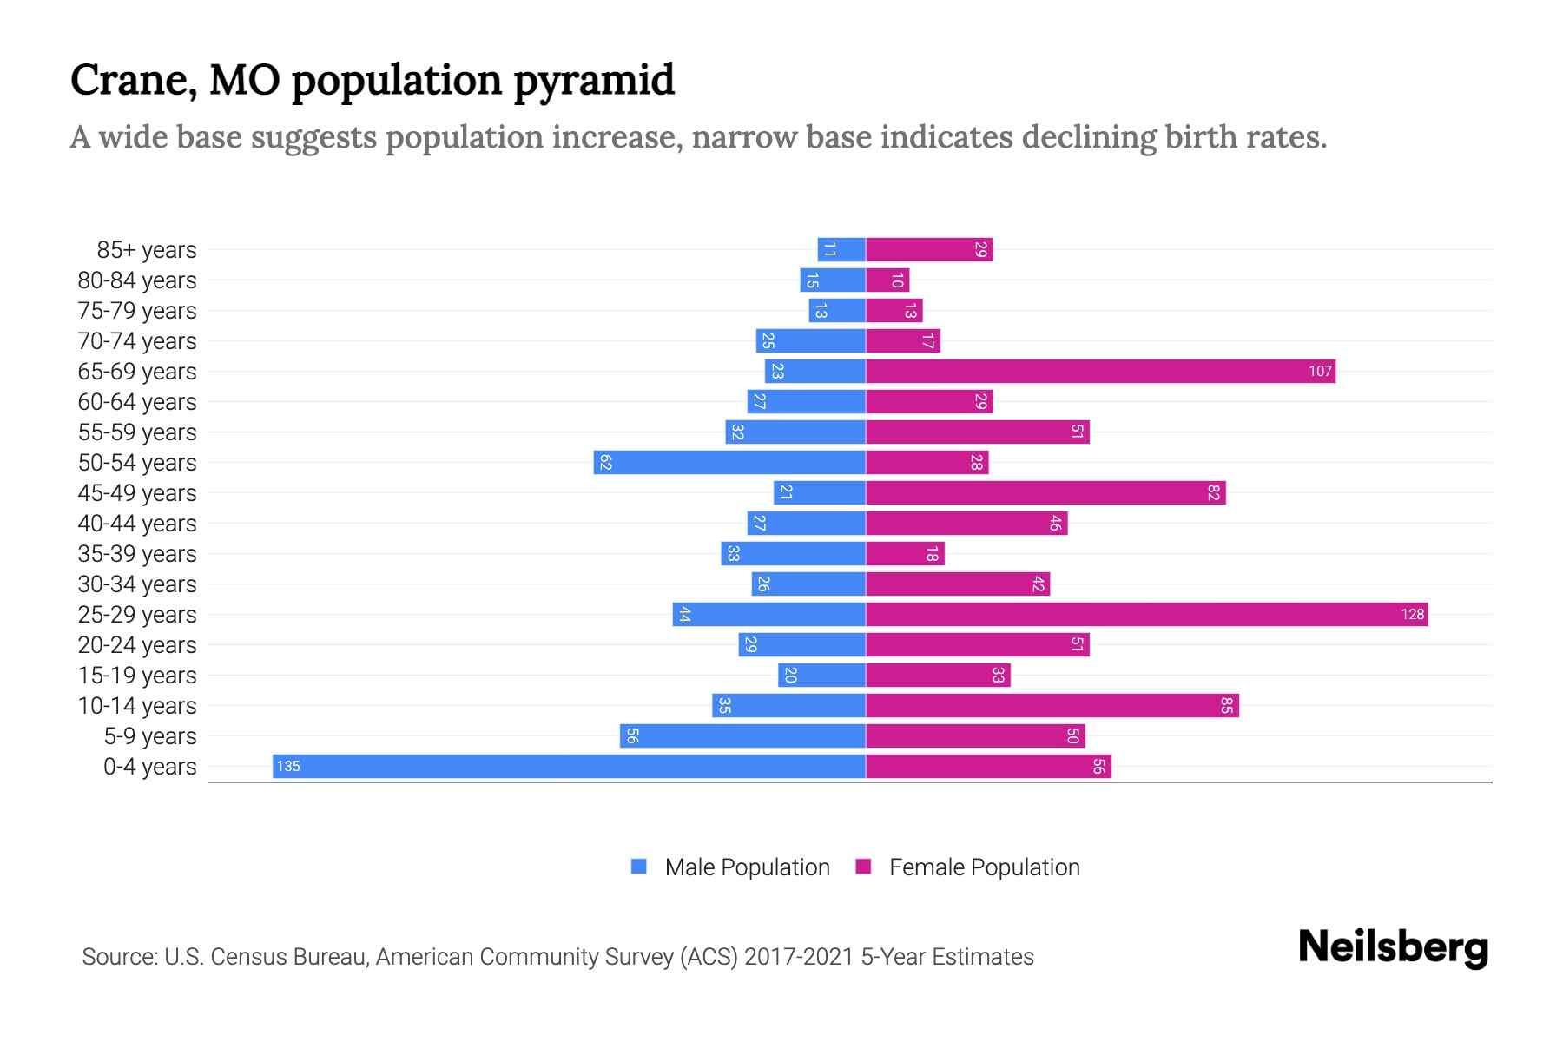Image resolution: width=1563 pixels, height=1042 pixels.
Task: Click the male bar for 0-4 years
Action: (x=569, y=766)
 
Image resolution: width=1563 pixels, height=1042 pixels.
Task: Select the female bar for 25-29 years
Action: (x=1146, y=614)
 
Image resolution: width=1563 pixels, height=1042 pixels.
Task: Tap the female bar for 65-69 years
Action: (x=1100, y=371)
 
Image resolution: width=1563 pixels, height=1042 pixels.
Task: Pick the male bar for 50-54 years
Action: (x=729, y=462)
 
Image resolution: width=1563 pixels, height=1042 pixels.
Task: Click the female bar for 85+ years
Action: (x=929, y=249)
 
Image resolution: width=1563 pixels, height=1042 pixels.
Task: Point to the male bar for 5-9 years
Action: (x=742, y=735)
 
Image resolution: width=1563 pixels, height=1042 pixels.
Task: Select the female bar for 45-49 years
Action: (x=1045, y=492)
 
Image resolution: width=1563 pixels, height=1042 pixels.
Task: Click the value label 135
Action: (x=288, y=766)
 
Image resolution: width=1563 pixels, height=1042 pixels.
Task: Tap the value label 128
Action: (x=1412, y=614)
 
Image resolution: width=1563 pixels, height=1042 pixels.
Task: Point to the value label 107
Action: (x=1320, y=371)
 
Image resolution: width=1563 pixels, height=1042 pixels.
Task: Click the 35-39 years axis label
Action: (x=137, y=553)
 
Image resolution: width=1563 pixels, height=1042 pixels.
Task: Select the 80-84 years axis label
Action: (x=137, y=280)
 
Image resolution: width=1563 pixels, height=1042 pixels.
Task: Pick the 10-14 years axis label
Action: (x=137, y=705)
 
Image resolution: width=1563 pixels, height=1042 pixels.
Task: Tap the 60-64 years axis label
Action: (x=137, y=401)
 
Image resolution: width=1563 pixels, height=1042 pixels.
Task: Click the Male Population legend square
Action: (x=639, y=867)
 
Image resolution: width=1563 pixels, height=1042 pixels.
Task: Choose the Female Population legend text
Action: (x=984, y=867)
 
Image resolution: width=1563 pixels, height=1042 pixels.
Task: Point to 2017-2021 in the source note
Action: (x=799, y=956)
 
